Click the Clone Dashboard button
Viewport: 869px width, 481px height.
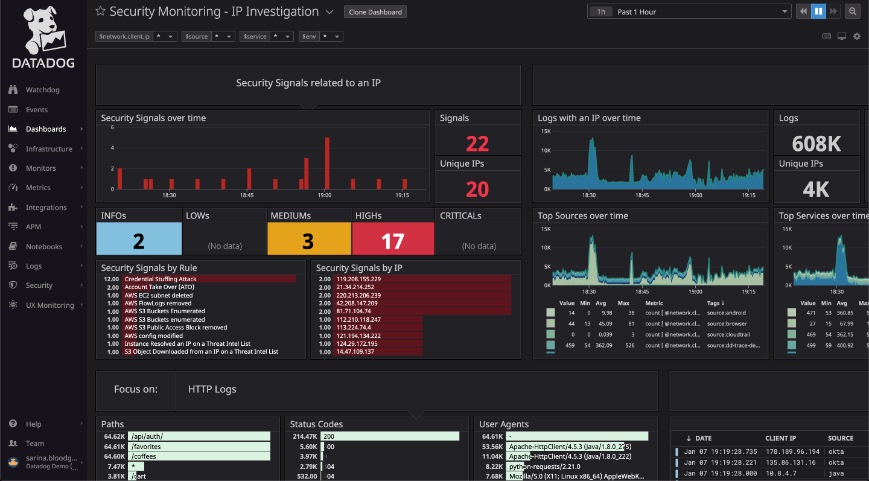click(375, 12)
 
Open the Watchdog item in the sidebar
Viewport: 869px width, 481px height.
click(42, 90)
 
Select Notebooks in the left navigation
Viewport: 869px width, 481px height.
click(43, 247)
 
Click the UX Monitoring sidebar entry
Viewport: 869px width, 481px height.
click(49, 305)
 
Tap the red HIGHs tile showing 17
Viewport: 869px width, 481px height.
click(392, 241)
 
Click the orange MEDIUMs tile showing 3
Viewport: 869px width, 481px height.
click(308, 241)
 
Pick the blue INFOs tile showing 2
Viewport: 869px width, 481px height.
click(138, 241)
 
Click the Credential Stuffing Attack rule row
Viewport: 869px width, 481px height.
click(161, 279)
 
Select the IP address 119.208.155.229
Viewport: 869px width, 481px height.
click(358, 279)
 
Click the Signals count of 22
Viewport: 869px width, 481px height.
click(477, 144)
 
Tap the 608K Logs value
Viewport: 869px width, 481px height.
click(816, 144)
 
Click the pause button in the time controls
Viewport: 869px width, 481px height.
click(818, 11)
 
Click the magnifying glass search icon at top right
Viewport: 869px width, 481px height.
click(852, 11)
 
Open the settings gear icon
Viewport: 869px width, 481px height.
click(857, 36)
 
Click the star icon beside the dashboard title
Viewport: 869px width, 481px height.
click(101, 11)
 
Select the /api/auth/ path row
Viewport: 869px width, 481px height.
click(147, 436)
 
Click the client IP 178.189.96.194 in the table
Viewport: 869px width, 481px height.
click(792, 451)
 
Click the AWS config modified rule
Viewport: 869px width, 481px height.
click(153, 336)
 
